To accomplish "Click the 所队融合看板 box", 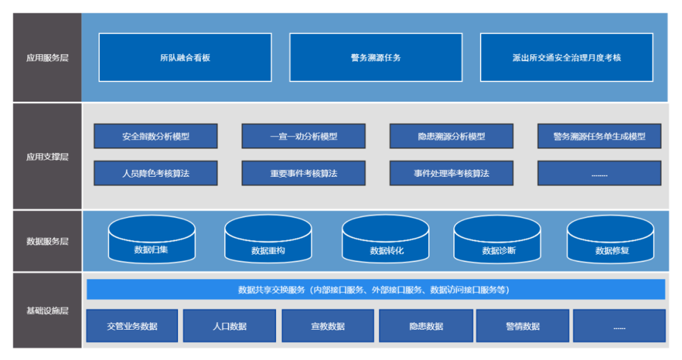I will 185,57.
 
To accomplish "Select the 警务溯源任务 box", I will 376,57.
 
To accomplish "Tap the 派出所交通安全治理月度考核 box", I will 566,57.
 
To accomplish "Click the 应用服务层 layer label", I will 47,57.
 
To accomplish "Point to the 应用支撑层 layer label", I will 47,157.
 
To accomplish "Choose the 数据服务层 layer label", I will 47,241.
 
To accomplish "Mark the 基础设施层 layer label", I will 47,311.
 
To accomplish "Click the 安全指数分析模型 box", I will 155,136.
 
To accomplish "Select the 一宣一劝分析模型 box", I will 303,136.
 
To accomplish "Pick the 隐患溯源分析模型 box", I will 451,136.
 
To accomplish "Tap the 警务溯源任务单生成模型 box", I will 599,136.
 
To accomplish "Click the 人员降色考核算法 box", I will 155,173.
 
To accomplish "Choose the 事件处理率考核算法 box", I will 451,173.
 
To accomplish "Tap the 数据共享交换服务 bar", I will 376,289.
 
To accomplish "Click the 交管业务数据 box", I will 132,326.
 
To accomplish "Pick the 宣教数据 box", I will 328,326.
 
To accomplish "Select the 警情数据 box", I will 522,326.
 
